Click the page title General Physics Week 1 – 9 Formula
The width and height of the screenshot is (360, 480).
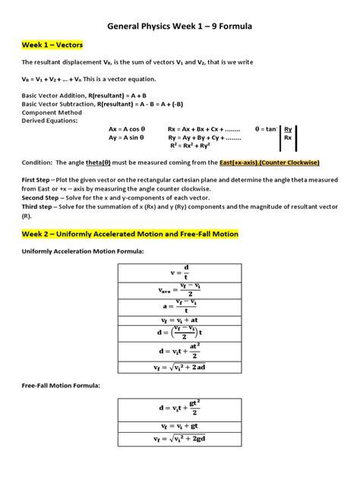[x=179, y=27]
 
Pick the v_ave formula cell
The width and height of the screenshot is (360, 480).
[x=185, y=289]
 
